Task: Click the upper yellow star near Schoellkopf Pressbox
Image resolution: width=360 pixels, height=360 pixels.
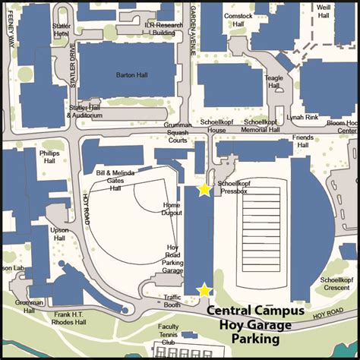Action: [x=204, y=190]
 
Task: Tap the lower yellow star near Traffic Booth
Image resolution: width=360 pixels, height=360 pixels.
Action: [x=204, y=290]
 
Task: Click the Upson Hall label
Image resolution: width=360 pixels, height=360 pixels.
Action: [x=59, y=234]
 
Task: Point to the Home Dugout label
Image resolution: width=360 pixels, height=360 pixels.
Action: [x=172, y=210]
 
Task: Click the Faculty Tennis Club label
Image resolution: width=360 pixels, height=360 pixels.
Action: [x=169, y=334]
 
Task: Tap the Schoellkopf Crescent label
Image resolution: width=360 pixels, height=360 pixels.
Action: [x=334, y=284]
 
